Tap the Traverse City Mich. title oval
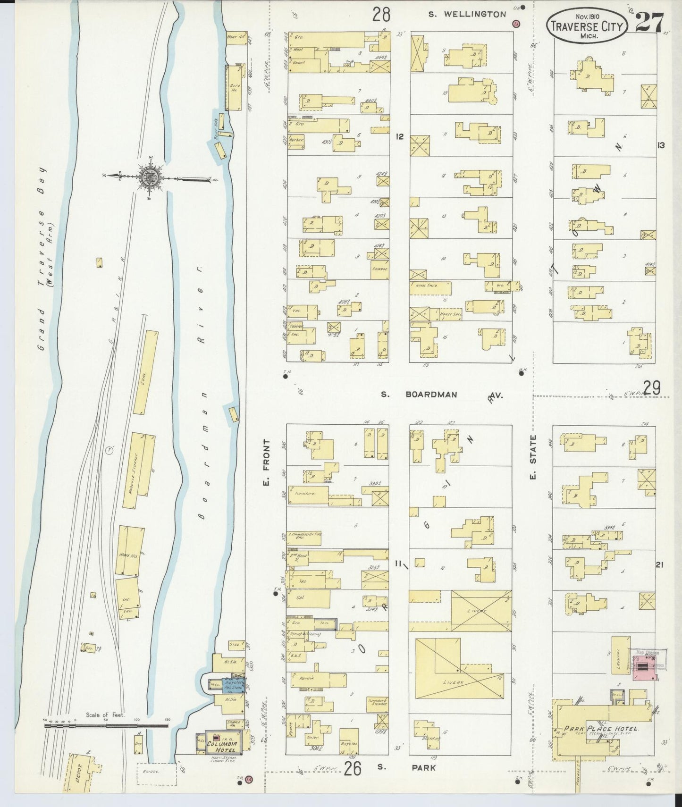[587, 27]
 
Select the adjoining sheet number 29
[651, 388]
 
